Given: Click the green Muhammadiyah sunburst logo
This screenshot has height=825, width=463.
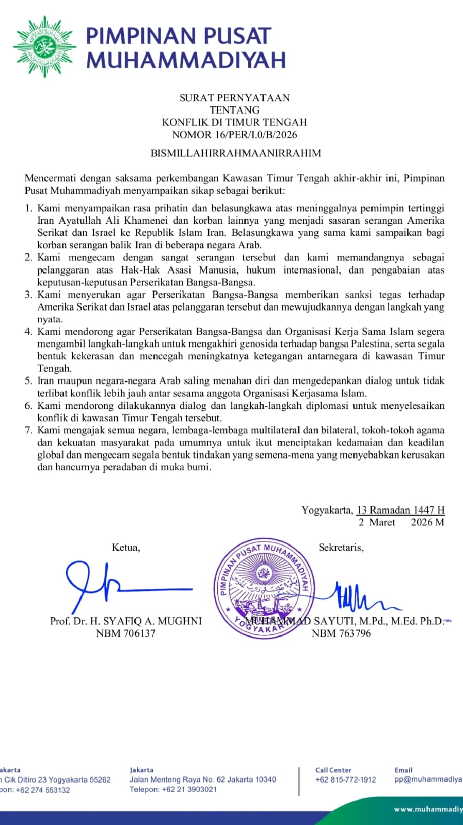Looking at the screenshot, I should pyautogui.click(x=45, y=46).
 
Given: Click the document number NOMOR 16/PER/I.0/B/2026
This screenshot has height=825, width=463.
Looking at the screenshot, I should pyautogui.click(x=234, y=135).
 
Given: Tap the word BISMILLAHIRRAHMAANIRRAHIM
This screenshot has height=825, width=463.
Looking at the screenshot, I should pyautogui.click(x=235, y=153).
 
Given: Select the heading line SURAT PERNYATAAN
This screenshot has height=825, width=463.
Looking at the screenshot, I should pyautogui.click(x=234, y=97).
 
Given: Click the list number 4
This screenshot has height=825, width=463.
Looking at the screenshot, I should pyautogui.click(x=28, y=332).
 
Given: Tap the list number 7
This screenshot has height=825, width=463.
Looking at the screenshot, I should pyautogui.click(x=28, y=431).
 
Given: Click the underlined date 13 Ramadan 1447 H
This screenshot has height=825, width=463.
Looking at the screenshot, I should pyautogui.click(x=401, y=510).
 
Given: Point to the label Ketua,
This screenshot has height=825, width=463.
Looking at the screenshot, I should pyautogui.click(x=126, y=548).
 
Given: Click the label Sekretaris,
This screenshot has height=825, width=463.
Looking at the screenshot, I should pyautogui.click(x=341, y=548).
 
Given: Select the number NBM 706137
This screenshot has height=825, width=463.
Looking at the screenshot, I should pyautogui.click(x=125, y=633).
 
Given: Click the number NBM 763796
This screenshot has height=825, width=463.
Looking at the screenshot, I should pyautogui.click(x=341, y=633).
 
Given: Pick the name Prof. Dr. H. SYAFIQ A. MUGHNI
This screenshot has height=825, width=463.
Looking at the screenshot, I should pyautogui.click(x=125, y=621).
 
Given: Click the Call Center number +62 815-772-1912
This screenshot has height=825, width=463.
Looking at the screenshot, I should pyautogui.click(x=346, y=780).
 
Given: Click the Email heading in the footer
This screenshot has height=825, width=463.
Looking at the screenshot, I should pyautogui.click(x=404, y=770).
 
